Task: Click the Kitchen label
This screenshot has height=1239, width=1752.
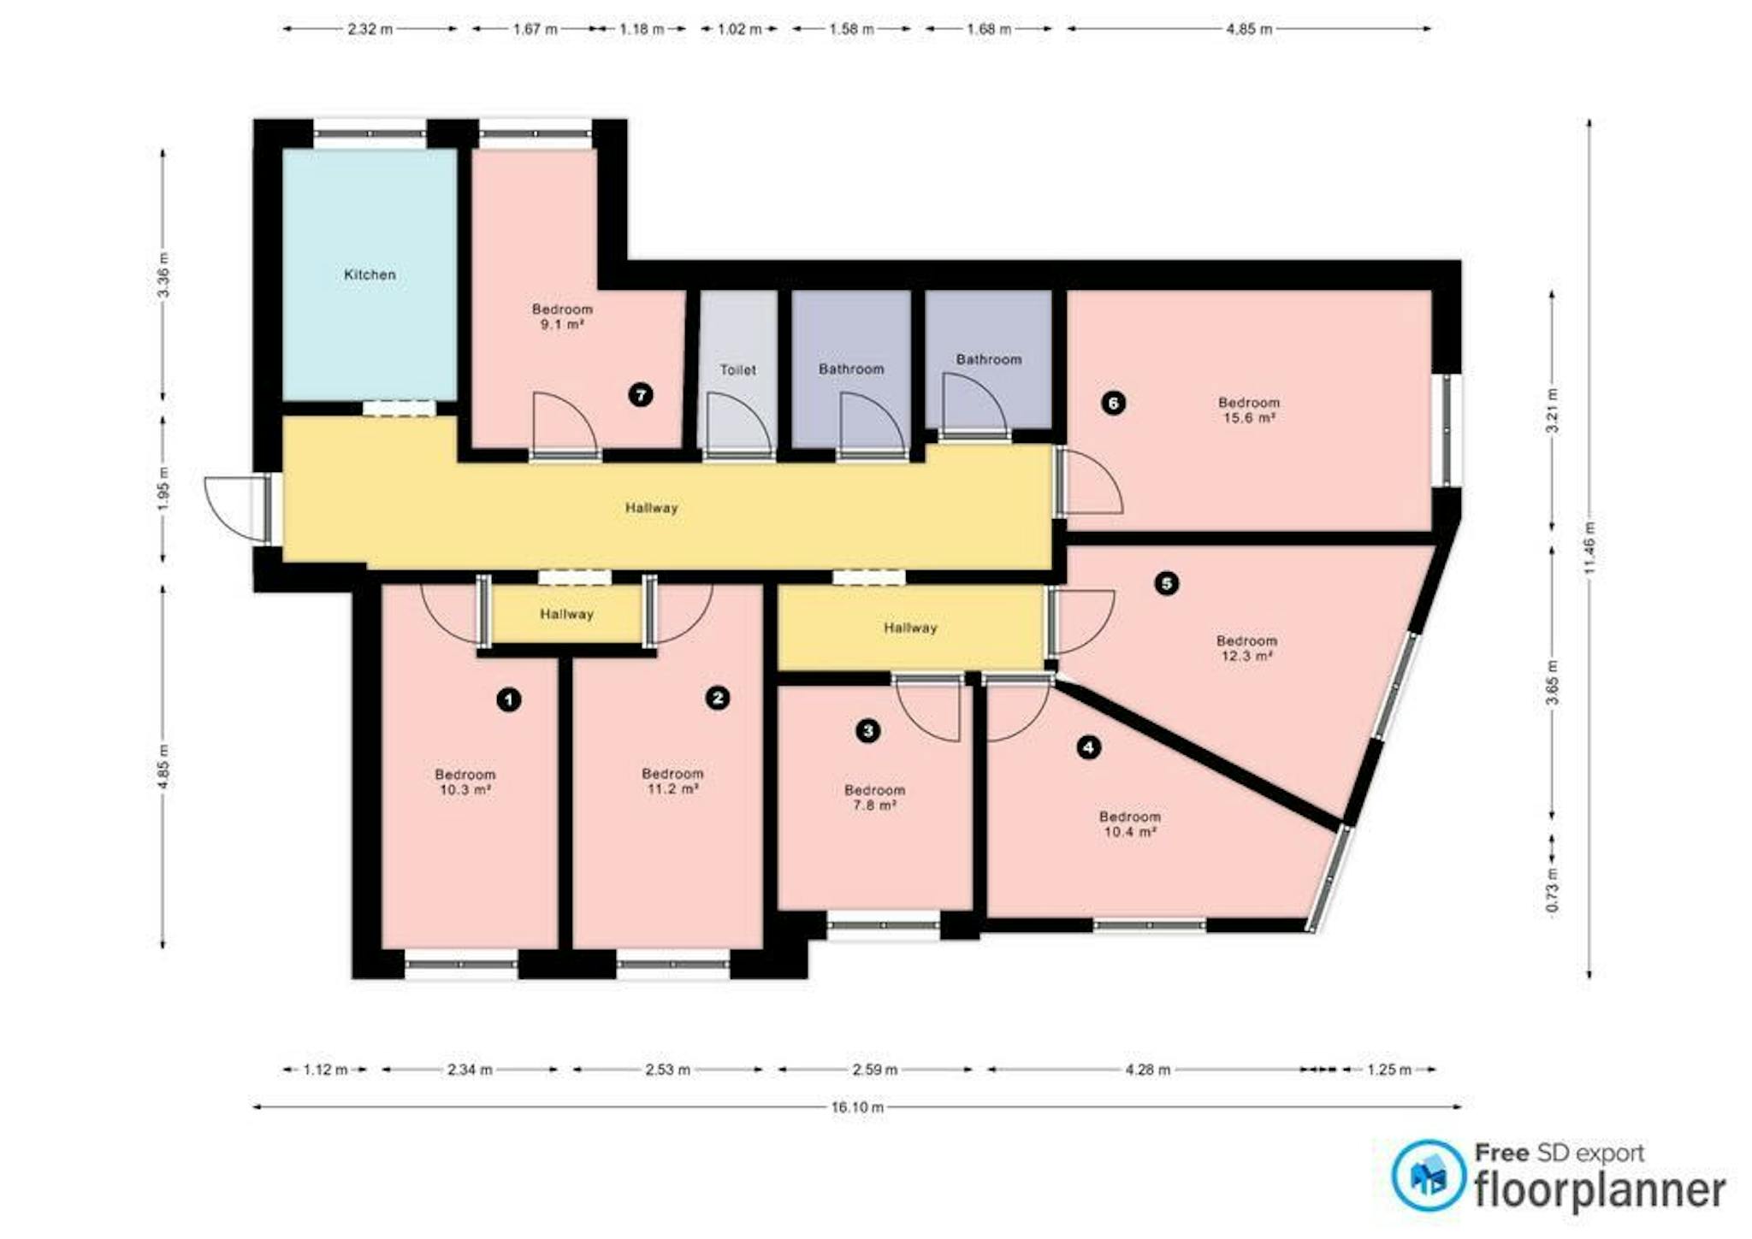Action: (370, 274)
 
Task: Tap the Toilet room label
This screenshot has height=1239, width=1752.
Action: (737, 369)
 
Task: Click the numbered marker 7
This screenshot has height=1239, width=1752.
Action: (641, 395)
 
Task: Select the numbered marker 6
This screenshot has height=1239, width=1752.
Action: (1113, 403)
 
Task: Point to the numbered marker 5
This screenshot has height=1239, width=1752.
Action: (1167, 584)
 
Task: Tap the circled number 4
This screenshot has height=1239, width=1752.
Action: (1088, 747)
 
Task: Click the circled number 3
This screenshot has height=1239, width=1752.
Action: (868, 731)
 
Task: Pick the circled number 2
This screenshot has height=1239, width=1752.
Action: (718, 699)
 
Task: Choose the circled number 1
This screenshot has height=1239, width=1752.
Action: (509, 700)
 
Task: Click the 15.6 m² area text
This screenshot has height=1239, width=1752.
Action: (1249, 418)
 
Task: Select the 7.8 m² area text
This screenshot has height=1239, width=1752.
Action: (874, 805)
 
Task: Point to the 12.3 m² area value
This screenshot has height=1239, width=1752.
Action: (1246, 657)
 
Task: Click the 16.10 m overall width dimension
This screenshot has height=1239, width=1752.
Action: (857, 1107)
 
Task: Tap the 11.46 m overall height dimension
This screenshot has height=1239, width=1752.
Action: (1589, 549)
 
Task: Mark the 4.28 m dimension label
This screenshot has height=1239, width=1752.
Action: (1147, 1070)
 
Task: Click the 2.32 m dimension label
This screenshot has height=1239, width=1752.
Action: (370, 29)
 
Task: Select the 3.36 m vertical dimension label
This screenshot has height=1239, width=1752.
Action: (163, 275)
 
